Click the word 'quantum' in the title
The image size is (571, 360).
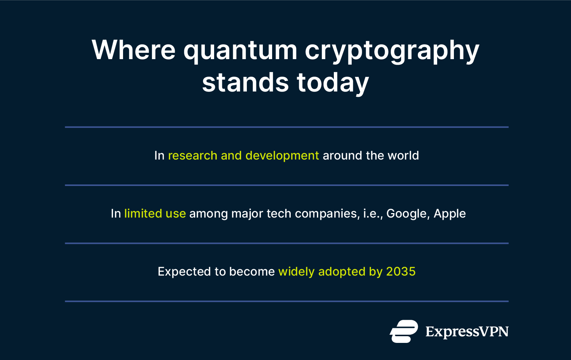pos(240,50)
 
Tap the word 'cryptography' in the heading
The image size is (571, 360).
pos(392,50)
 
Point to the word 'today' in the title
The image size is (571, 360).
pos(333,82)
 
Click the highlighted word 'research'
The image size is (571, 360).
pos(193,155)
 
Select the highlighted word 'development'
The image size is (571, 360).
pos(282,155)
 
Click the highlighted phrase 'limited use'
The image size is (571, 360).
pos(155,213)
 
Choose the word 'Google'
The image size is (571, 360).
pos(407,213)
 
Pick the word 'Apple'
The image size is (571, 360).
pos(449,213)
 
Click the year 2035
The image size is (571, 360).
pos(401,271)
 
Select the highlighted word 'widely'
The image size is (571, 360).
pos(296,271)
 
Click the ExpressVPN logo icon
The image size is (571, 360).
pos(404,331)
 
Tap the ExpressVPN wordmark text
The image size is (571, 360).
pos(467,331)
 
